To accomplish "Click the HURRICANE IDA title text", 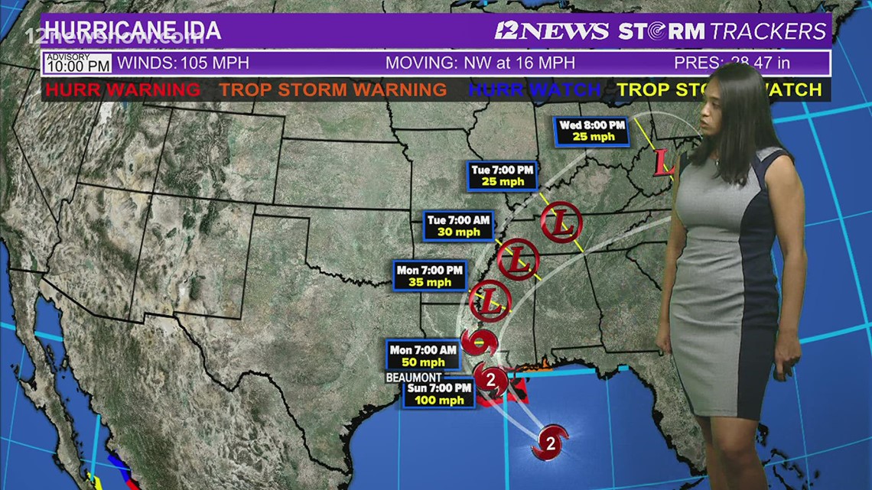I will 133,31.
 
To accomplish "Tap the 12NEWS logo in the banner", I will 552,31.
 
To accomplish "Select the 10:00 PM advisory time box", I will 78,63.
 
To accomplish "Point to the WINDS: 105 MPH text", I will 183,63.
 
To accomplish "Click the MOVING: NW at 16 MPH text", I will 480,63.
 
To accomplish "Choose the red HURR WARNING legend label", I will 122,89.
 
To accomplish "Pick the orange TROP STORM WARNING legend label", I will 333,89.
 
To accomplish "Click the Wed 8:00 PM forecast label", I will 592,131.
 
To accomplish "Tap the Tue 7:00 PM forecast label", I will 502,175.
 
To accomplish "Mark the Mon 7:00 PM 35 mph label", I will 430,276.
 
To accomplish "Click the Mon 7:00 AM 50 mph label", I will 422,355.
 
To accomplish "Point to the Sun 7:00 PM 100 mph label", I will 438,394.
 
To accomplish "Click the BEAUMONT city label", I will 414,378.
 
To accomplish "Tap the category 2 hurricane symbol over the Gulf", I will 551,441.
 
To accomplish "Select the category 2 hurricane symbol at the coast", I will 490,378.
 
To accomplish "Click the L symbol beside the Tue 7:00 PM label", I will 561,223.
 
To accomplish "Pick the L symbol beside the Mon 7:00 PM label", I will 490,300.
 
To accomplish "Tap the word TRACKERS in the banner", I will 767,31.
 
